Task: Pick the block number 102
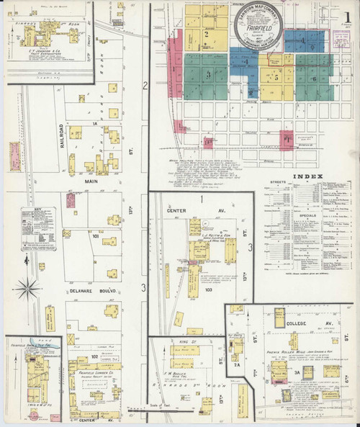(x=94, y=356)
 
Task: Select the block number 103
(x=209, y=291)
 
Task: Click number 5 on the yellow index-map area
(x=274, y=76)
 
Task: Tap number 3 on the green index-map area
(x=209, y=74)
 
